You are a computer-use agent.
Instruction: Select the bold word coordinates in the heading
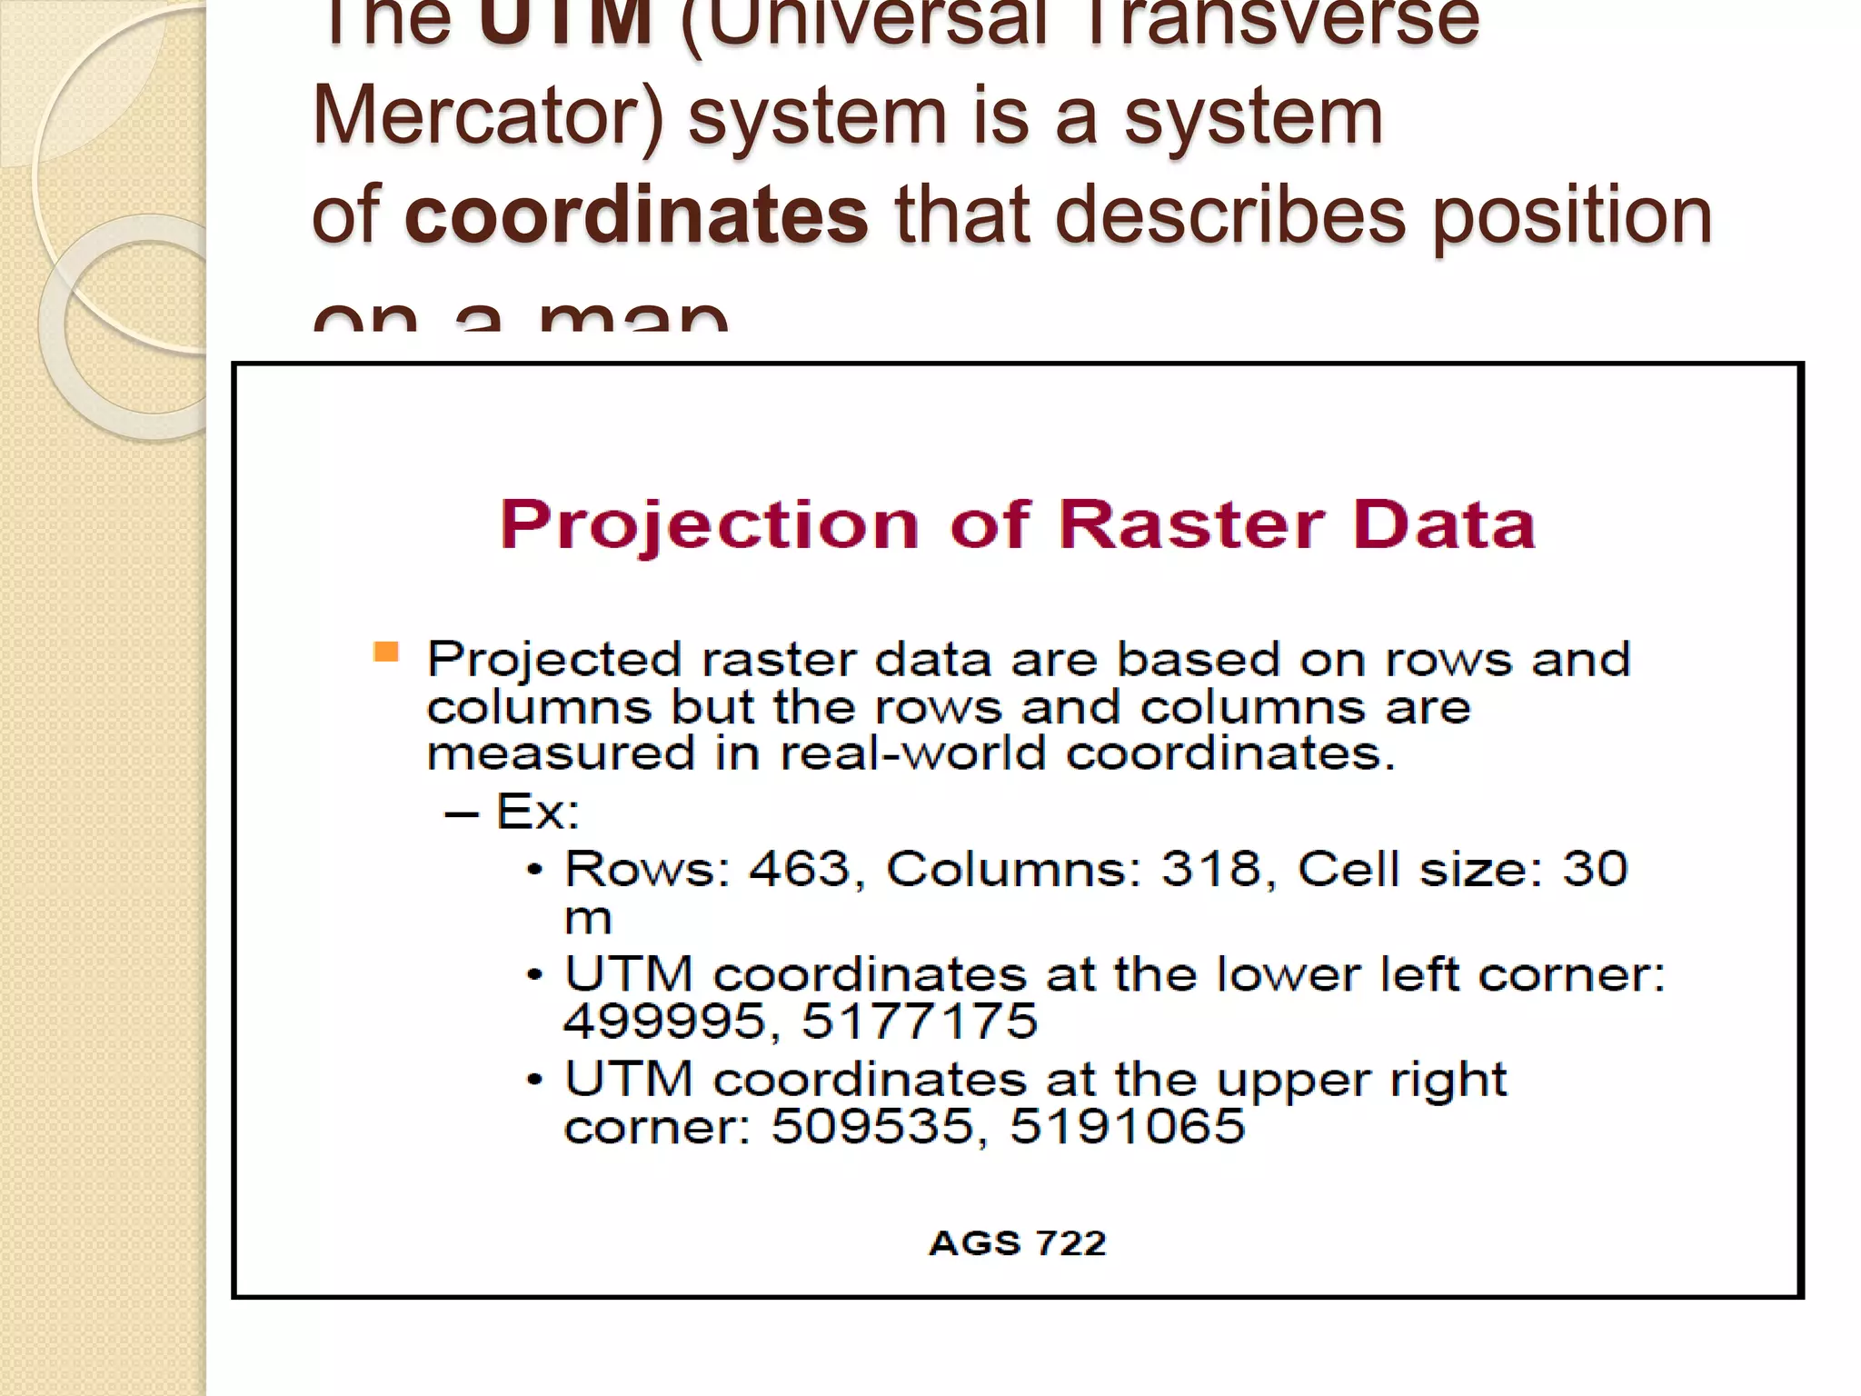click(636, 215)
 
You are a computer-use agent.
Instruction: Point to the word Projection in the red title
click(710, 526)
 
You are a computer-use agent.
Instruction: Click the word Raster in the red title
click(1190, 524)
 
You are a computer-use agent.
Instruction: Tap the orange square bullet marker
click(386, 652)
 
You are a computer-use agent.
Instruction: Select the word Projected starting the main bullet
click(554, 660)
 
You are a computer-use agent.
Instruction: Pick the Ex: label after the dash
click(537, 812)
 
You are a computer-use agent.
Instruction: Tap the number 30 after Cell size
click(1595, 869)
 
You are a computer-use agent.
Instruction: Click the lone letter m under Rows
click(588, 919)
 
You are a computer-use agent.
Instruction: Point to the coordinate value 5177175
click(920, 1022)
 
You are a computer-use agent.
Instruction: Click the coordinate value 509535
click(872, 1127)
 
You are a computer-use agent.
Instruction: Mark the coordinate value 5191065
click(1127, 1127)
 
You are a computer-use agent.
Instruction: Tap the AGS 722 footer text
click(1018, 1243)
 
